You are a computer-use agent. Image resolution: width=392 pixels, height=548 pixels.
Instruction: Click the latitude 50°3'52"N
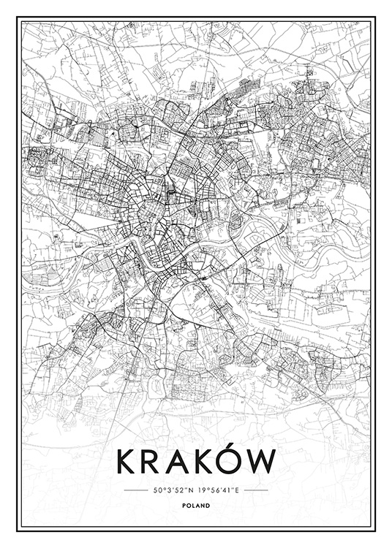(173, 490)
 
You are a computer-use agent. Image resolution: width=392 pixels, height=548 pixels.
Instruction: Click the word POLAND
(196, 506)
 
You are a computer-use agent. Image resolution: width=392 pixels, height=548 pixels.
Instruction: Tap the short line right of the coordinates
(255, 490)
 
